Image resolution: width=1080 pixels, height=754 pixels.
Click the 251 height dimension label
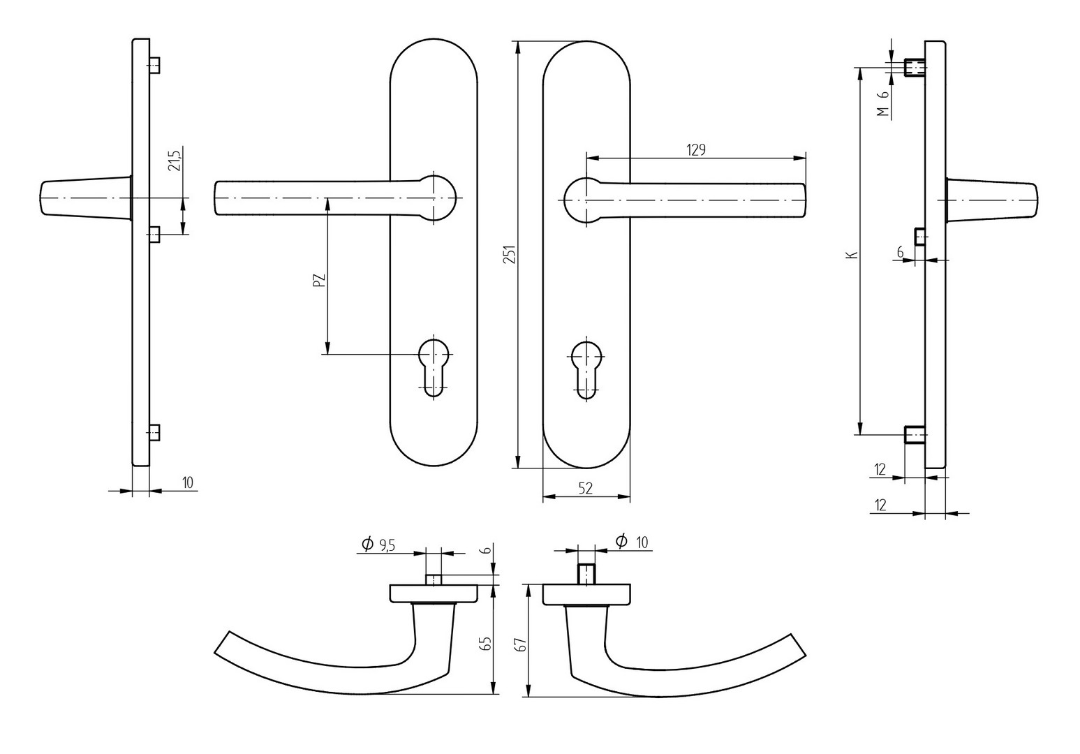[x=510, y=256]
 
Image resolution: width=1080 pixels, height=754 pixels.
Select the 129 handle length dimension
[x=696, y=149]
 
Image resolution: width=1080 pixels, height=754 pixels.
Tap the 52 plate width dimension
[x=585, y=489]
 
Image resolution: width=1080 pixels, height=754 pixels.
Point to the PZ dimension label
[x=319, y=280]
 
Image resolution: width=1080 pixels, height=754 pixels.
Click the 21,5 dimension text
[x=175, y=160]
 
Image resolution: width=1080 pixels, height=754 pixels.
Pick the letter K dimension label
[x=851, y=256]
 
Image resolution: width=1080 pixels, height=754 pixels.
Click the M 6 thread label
[x=883, y=103]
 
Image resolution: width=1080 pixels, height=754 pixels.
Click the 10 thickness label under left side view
[x=188, y=482]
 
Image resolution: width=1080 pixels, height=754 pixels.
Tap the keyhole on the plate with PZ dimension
[x=434, y=367]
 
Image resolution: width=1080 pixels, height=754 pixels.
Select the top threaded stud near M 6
[x=914, y=68]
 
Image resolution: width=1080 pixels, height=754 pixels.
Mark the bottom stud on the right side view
[x=914, y=435]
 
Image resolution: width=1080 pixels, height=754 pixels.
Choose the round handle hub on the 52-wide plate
[x=582, y=199]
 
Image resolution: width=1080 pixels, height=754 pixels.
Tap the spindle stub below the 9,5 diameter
[x=434, y=579]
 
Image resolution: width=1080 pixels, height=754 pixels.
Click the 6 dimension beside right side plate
[x=900, y=252]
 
